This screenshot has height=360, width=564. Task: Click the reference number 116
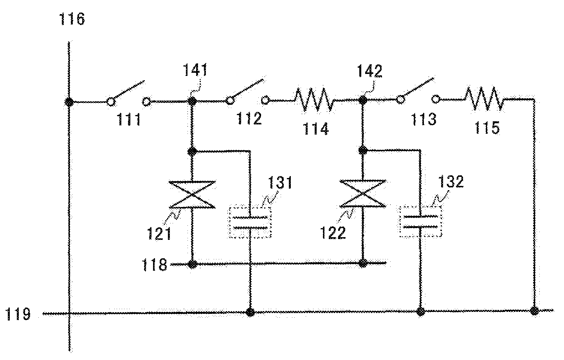72,18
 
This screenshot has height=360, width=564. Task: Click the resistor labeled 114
314,99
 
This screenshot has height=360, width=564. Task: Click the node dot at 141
192,101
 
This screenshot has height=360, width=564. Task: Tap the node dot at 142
363,100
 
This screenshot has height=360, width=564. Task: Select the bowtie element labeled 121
192,194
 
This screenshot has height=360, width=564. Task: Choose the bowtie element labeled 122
363,193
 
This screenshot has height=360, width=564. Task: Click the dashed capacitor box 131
249,221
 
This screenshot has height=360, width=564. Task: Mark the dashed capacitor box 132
420,221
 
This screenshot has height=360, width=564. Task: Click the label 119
18,314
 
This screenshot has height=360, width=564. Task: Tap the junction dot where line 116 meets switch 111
69,102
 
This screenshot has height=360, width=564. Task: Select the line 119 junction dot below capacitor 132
420,311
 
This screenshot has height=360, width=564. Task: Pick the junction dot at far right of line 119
534,311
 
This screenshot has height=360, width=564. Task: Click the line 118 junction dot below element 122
363,263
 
